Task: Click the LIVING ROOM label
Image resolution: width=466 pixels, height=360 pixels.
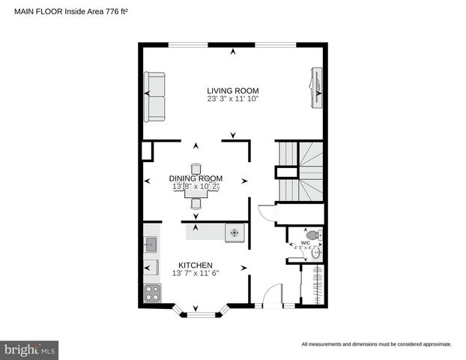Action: (232, 90)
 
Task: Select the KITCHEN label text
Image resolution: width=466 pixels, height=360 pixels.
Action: (195, 265)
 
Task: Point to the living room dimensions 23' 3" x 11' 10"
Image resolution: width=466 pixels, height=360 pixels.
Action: (232, 99)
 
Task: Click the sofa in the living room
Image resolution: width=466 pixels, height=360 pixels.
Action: (155, 97)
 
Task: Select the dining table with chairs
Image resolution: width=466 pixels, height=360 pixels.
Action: (196, 187)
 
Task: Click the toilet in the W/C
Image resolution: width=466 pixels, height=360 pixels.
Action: (314, 235)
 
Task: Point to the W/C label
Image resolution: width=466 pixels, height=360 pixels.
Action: (305, 242)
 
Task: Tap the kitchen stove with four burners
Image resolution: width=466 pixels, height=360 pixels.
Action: (151, 293)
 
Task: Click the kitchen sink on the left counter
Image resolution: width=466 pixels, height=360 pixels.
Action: (150, 243)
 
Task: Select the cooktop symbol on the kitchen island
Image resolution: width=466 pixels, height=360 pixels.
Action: (234, 233)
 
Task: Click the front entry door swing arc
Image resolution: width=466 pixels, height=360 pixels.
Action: (271, 293)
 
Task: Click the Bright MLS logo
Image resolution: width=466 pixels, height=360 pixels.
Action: (30, 349)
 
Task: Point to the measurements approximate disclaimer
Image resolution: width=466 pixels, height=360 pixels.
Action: (376, 344)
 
